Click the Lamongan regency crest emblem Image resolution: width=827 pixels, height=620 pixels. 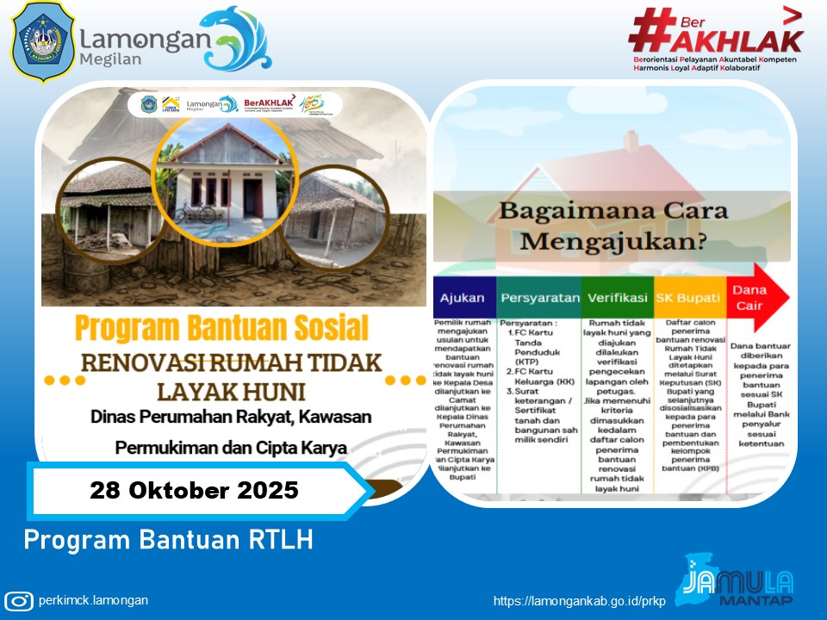point(42,42)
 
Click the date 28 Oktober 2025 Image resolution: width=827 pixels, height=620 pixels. point(194,491)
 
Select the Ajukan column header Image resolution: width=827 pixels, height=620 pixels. point(463,298)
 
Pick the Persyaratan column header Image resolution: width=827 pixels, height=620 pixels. point(539,298)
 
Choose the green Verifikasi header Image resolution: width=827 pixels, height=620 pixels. point(617,298)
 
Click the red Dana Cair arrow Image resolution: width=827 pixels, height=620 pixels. point(755,297)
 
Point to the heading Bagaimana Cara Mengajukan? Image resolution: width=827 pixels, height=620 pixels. point(614,226)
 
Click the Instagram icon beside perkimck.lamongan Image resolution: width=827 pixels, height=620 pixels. point(19,601)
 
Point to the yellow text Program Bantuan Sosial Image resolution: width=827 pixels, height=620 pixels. point(221,327)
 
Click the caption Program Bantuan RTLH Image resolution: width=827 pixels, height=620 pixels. point(168,540)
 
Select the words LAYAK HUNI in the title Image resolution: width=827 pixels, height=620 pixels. point(230,392)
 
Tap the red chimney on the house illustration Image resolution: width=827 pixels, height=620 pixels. point(631,140)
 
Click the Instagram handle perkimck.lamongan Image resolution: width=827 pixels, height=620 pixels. point(93,601)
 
